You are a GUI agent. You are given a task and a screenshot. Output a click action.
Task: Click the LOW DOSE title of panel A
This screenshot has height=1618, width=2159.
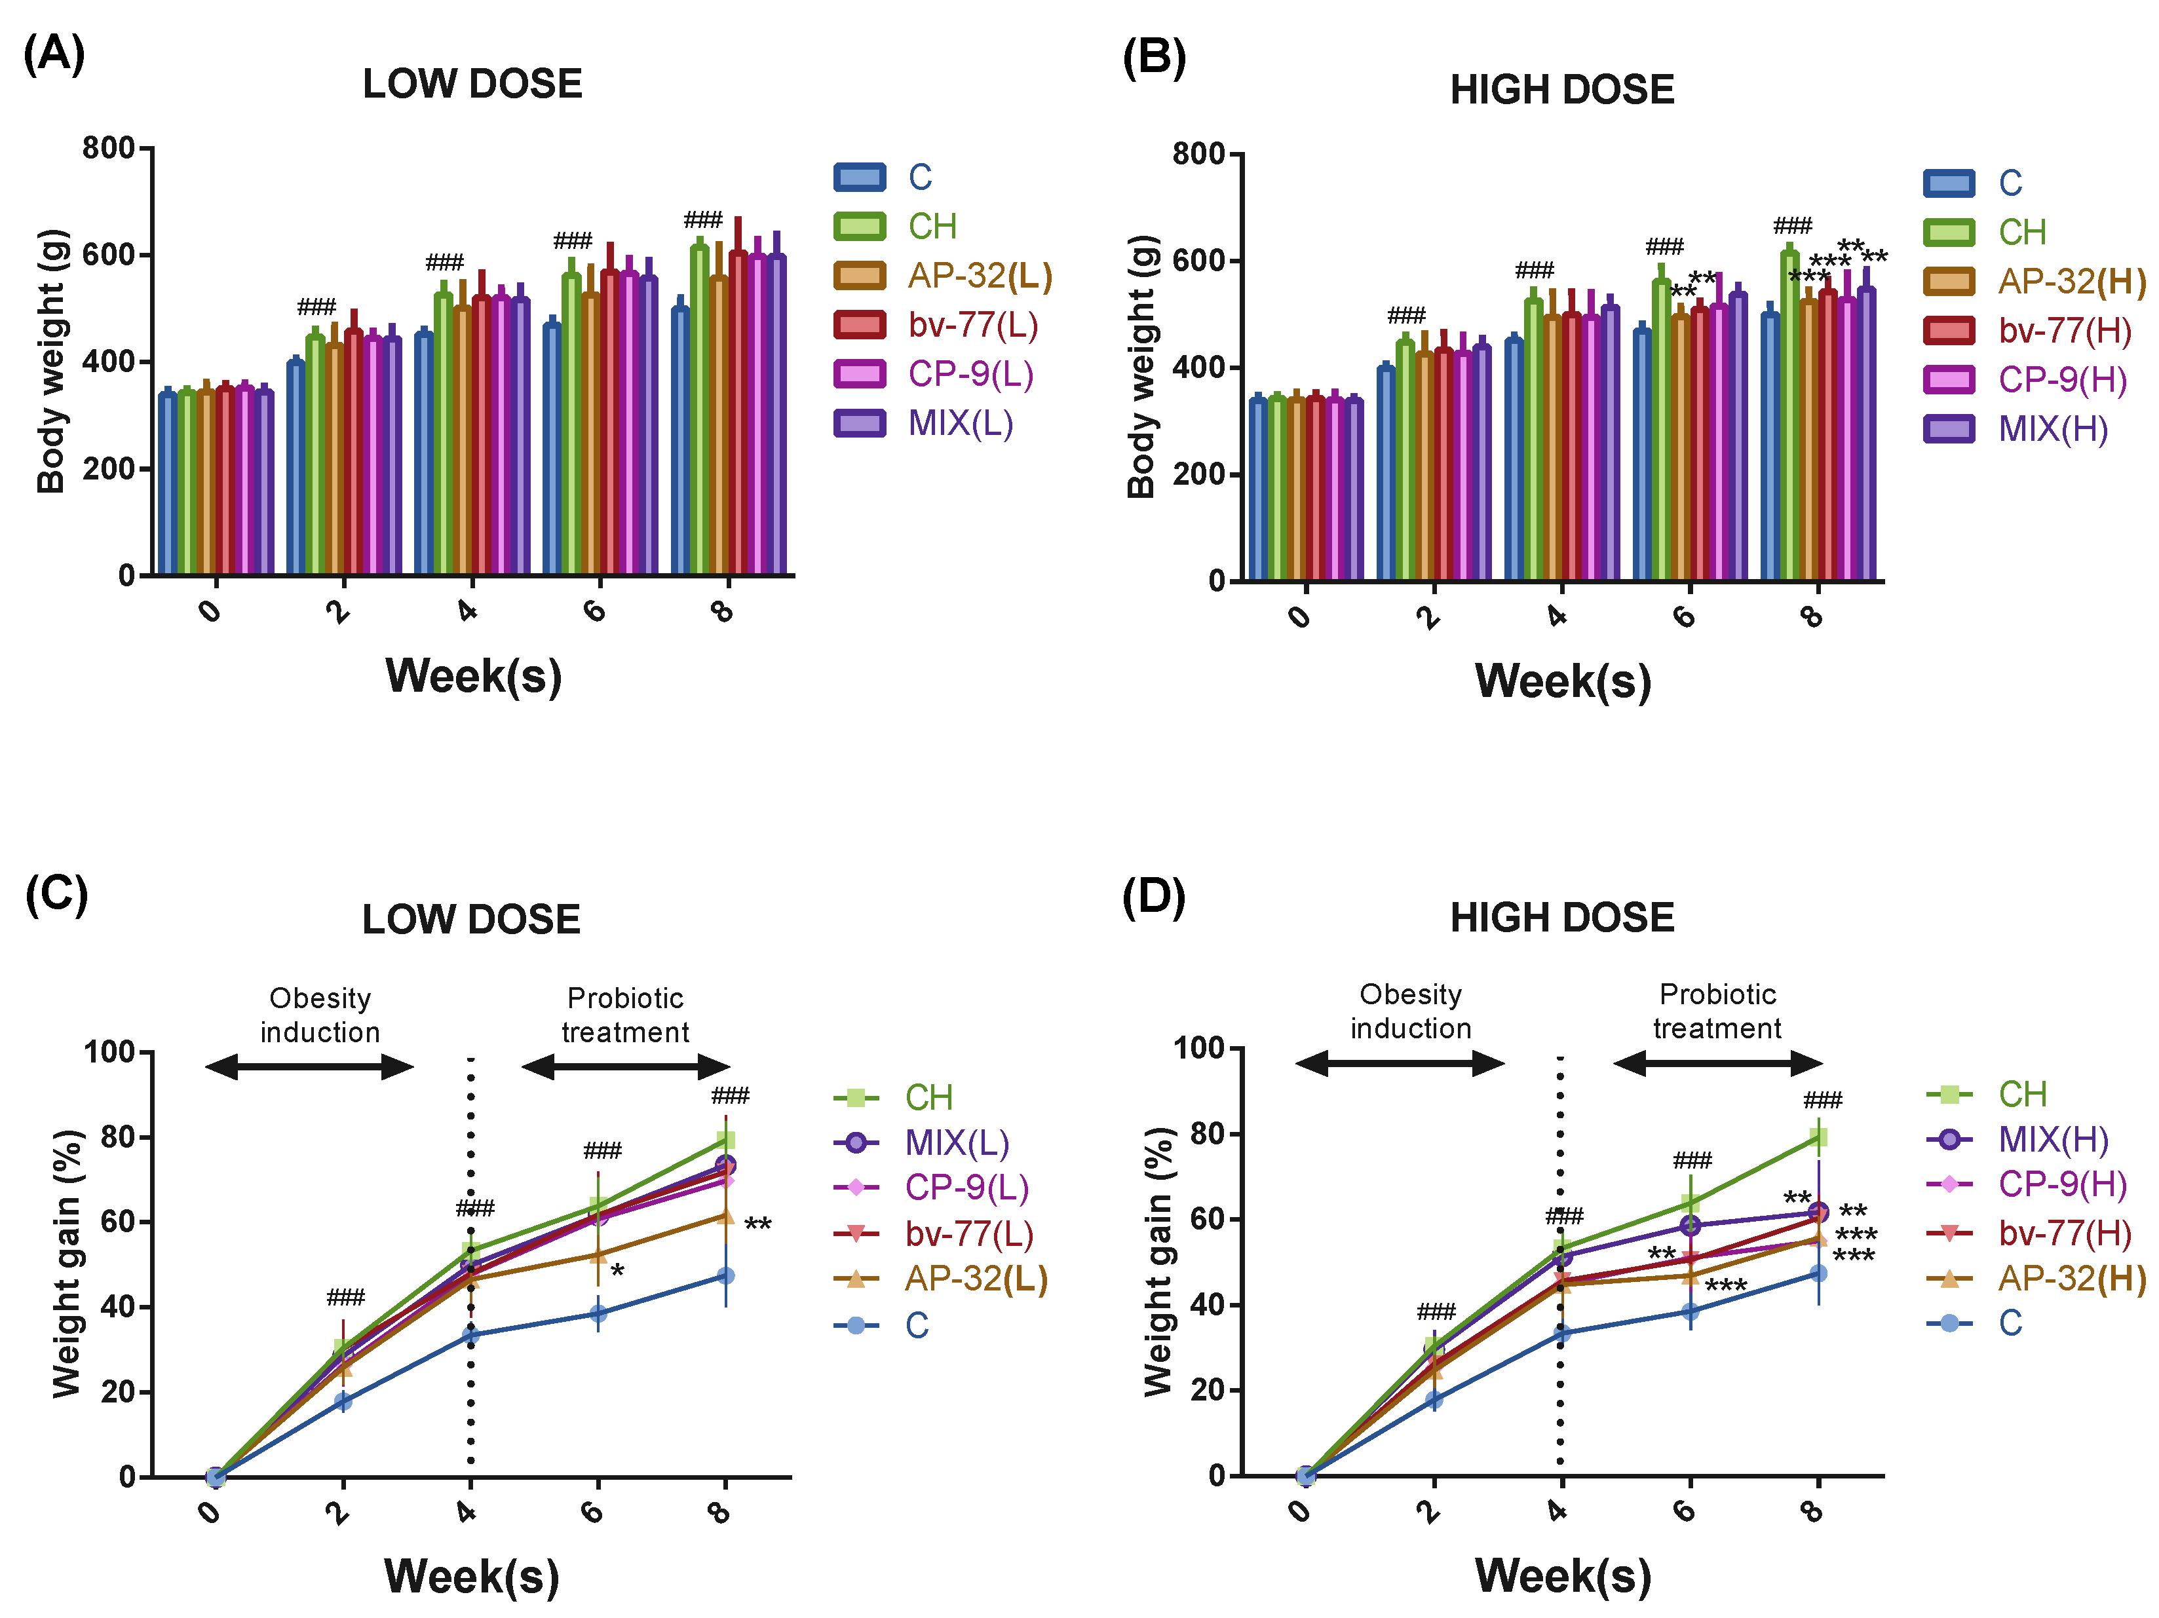[x=472, y=84]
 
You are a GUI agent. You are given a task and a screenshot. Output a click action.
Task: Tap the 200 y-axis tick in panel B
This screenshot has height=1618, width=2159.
[x=1198, y=474]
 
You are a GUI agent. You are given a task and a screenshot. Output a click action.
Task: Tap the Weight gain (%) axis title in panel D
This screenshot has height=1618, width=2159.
[x=1158, y=1261]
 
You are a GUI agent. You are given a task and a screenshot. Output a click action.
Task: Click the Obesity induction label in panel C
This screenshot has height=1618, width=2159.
[x=320, y=1015]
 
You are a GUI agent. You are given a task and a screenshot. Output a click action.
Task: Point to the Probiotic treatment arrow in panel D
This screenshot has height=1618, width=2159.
[x=1718, y=1063]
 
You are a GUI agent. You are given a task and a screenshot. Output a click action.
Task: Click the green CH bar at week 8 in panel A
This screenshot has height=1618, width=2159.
[x=699, y=410]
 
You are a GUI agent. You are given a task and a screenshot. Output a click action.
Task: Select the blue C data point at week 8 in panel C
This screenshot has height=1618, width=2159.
[x=725, y=1275]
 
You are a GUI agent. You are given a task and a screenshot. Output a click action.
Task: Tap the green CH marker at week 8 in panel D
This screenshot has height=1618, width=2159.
[x=1818, y=1137]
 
